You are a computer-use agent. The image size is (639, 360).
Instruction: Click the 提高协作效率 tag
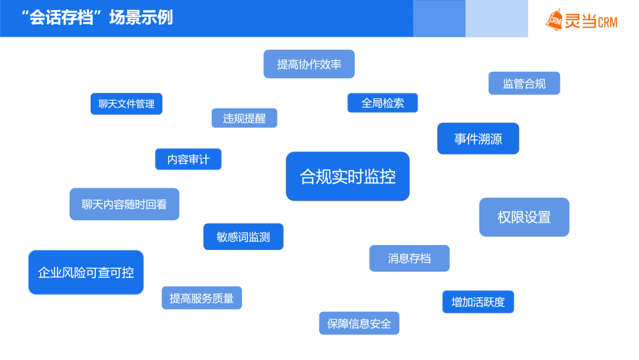coord(309,64)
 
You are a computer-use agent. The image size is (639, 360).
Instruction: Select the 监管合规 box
coord(524,83)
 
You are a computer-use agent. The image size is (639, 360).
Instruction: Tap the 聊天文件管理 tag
coord(127,104)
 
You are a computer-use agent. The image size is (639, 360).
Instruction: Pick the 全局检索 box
coord(383,103)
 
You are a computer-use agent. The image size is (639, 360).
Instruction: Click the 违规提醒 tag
coord(244,118)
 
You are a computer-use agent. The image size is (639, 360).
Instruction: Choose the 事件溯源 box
coord(478,139)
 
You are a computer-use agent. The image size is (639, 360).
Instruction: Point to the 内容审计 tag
coord(188,159)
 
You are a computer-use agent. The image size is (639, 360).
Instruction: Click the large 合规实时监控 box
coord(348,176)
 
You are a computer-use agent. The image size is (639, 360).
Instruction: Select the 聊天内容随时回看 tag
coord(124,204)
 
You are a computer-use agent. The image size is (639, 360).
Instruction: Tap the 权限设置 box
coord(524,217)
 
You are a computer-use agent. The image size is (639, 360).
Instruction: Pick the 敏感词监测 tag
coord(243,236)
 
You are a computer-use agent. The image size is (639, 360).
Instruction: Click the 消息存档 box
coord(409,258)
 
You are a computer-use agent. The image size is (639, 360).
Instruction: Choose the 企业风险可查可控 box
coord(86,272)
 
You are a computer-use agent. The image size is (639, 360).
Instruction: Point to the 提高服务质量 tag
coord(202,298)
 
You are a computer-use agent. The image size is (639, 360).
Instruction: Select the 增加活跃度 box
coord(478,302)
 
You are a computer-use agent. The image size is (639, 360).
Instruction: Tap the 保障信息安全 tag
coord(359,323)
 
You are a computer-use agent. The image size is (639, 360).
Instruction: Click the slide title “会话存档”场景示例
coord(98,18)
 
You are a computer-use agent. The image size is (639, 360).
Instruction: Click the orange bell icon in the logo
coord(554,20)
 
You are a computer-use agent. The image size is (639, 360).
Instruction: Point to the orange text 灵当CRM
coord(591,21)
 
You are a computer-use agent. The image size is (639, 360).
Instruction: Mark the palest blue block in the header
coord(497,18)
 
